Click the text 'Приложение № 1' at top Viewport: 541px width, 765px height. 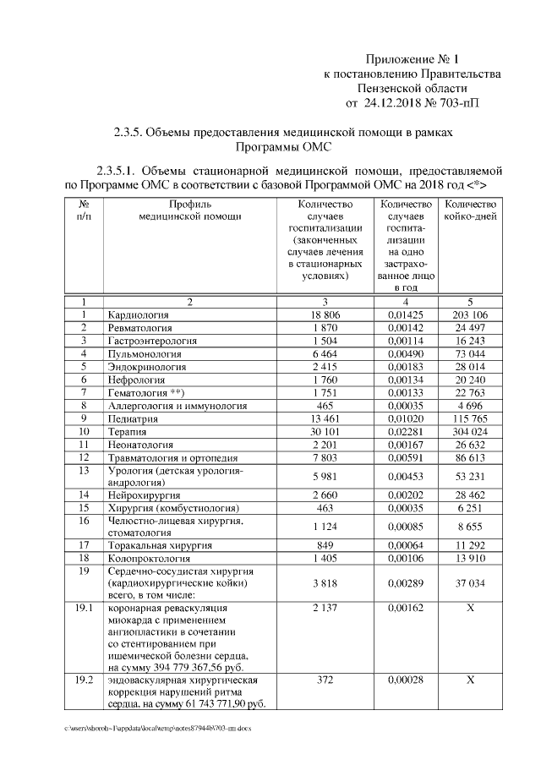point(412,59)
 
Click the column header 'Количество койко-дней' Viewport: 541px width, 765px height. point(471,210)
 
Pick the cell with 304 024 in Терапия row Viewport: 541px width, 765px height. point(471,431)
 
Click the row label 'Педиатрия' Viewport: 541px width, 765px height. point(135,418)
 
